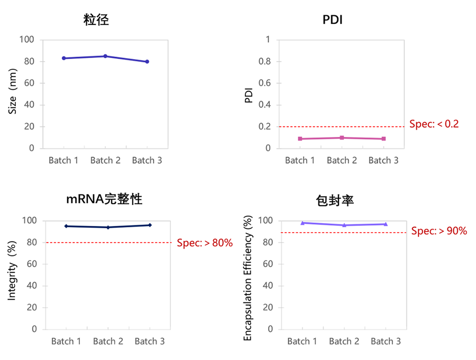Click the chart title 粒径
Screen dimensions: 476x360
click(96, 20)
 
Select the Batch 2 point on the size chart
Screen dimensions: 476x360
click(105, 56)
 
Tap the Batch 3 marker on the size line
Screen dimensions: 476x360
click(147, 62)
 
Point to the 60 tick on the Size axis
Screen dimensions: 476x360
click(29, 83)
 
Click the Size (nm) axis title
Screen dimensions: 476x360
click(13, 91)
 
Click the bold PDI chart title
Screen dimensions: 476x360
click(333, 20)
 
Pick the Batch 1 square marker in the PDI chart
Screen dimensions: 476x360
click(300, 139)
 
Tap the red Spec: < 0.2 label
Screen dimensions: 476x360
click(434, 124)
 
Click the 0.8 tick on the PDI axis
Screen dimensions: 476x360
click(264, 61)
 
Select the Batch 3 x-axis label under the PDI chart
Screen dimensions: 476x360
click(383, 160)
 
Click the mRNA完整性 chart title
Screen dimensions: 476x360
click(104, 199)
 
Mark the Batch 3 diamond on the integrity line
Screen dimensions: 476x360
click(150, 225)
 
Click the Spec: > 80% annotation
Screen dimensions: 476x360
click(205, 243)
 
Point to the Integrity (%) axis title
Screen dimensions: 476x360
click(12, 271)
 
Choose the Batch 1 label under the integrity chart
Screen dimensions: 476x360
click(66, 341)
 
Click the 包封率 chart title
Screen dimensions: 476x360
click(335, 201)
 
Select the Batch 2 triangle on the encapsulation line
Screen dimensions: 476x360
click(344, 225)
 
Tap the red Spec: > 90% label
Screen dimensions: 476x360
click(439, 231)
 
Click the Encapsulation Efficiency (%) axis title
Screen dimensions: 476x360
click(248, 278)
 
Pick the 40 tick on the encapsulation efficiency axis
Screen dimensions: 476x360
click(268, 285)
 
